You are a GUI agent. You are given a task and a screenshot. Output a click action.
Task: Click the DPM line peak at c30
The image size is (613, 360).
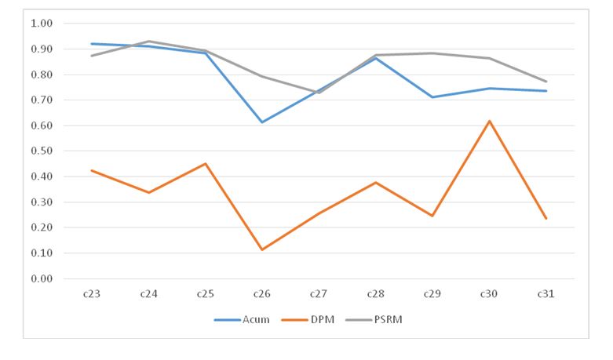[489, 121]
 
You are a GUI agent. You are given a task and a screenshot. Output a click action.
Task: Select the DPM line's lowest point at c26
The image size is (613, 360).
[261, 249]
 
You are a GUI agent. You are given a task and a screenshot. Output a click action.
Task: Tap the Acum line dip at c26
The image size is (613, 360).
[261, 122]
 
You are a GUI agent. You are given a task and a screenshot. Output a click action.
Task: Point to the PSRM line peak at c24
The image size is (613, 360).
[148, 41]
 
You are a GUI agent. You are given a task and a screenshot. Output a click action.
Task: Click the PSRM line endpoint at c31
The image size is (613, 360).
[546, 82]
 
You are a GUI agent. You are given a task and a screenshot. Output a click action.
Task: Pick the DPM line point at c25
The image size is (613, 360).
[205, 164]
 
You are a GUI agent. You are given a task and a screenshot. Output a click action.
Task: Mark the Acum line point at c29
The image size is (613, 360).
[432, 97]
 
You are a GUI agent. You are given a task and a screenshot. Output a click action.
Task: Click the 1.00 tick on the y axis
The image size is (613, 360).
[40, 24]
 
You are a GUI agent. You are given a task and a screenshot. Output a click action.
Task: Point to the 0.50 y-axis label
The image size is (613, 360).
[40, 151]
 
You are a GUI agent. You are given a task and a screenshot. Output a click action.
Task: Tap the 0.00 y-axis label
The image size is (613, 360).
[40, 278]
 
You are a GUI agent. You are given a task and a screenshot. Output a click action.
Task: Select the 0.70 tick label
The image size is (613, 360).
[40, 100]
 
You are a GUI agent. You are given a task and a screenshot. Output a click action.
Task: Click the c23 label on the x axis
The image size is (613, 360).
[91, 295]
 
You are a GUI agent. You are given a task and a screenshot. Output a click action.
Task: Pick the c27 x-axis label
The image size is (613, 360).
[319, 295]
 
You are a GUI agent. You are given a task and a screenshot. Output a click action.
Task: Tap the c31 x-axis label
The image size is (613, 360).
[546, 295]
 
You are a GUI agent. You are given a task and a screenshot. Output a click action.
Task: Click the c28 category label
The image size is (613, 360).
[375, 295]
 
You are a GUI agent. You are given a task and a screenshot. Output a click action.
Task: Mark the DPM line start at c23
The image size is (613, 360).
[91, 170]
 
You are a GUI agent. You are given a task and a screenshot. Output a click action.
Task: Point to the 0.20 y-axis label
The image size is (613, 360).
[40, 227]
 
